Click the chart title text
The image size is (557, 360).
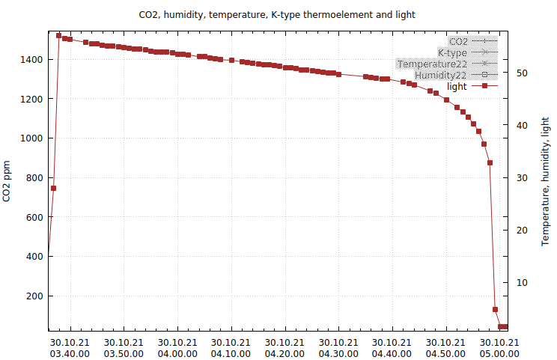click(x=277, y=14)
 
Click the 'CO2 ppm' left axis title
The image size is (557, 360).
click(x=7, y=181)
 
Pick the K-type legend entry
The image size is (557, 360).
click(x=452, y=52)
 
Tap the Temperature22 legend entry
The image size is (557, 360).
click(x=432, y=64)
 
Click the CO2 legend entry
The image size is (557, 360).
click(x=457, y=41)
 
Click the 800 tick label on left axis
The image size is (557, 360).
click(x=34, y=177)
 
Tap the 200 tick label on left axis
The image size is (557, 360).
click(x=34, y=296)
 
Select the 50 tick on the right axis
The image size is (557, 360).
click(x=520, y=73)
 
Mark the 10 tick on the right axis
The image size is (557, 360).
click(x=520, y=282)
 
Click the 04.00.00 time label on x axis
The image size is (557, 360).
click(x=178, y=353)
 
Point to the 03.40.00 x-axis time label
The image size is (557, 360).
click(x=71, y=353)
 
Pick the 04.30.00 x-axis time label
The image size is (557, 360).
click(x=338, y=353)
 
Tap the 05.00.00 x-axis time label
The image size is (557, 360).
click(x=499, y=353)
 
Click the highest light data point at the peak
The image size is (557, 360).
click(x=59, y=35)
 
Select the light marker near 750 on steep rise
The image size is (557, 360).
click(x=53, y=188)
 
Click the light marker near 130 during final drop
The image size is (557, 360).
click(x=495, y=309)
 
